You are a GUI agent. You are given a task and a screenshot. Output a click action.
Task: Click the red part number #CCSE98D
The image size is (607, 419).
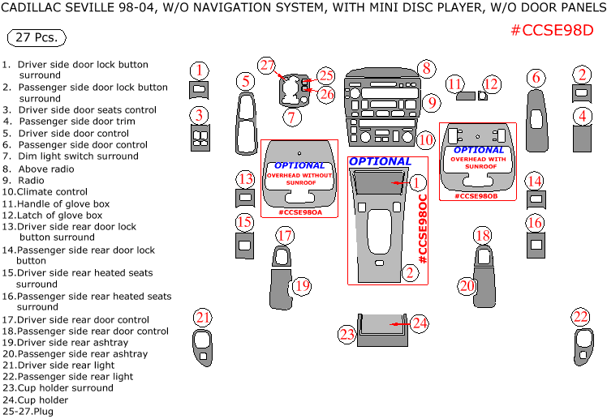point(552,31)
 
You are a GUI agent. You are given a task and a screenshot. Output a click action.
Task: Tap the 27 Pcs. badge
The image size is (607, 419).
point(36,38)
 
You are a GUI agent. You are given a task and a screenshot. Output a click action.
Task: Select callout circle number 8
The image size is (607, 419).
point(425,69)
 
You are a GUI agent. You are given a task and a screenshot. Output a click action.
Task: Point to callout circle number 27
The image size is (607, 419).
point(268,66)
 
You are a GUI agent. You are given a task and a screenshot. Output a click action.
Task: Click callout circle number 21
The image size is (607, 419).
point(202,317)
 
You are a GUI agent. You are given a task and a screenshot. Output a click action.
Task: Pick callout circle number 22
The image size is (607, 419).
point(580,317)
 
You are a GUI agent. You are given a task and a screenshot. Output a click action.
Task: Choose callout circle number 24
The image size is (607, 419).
point(419,323)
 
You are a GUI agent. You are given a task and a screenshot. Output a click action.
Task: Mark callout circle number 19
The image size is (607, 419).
point(302,285)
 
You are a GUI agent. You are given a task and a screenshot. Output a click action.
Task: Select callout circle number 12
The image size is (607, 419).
point(491,83)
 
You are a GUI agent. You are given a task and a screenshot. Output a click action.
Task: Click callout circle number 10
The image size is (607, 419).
point(425,139)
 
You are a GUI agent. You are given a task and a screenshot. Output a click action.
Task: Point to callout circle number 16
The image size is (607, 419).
point(534,222)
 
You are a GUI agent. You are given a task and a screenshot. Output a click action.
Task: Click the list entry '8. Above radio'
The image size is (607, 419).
point(41,169)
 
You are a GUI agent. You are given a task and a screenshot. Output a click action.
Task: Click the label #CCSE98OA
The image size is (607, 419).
point(300,212)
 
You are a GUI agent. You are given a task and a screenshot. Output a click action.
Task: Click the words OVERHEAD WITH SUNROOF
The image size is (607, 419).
point(479,164)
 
